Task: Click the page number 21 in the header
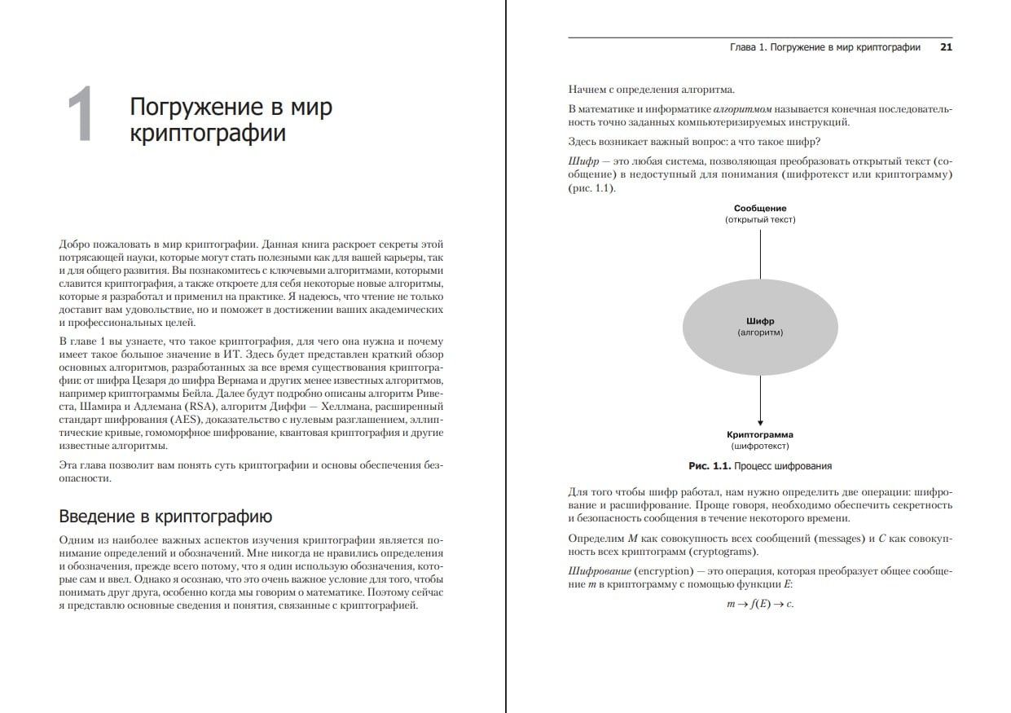coord(946,47)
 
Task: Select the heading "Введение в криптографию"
coord(165,516)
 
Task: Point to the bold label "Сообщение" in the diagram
coord(759,209)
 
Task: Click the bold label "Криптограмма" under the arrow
coord(759,435)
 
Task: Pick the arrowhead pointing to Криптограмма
coord(759,421)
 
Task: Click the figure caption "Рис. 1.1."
coord(710,466)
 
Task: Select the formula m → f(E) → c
coord(759,605)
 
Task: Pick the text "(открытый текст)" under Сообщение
coord(759,220)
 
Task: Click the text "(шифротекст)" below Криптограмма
coord(759,447)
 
